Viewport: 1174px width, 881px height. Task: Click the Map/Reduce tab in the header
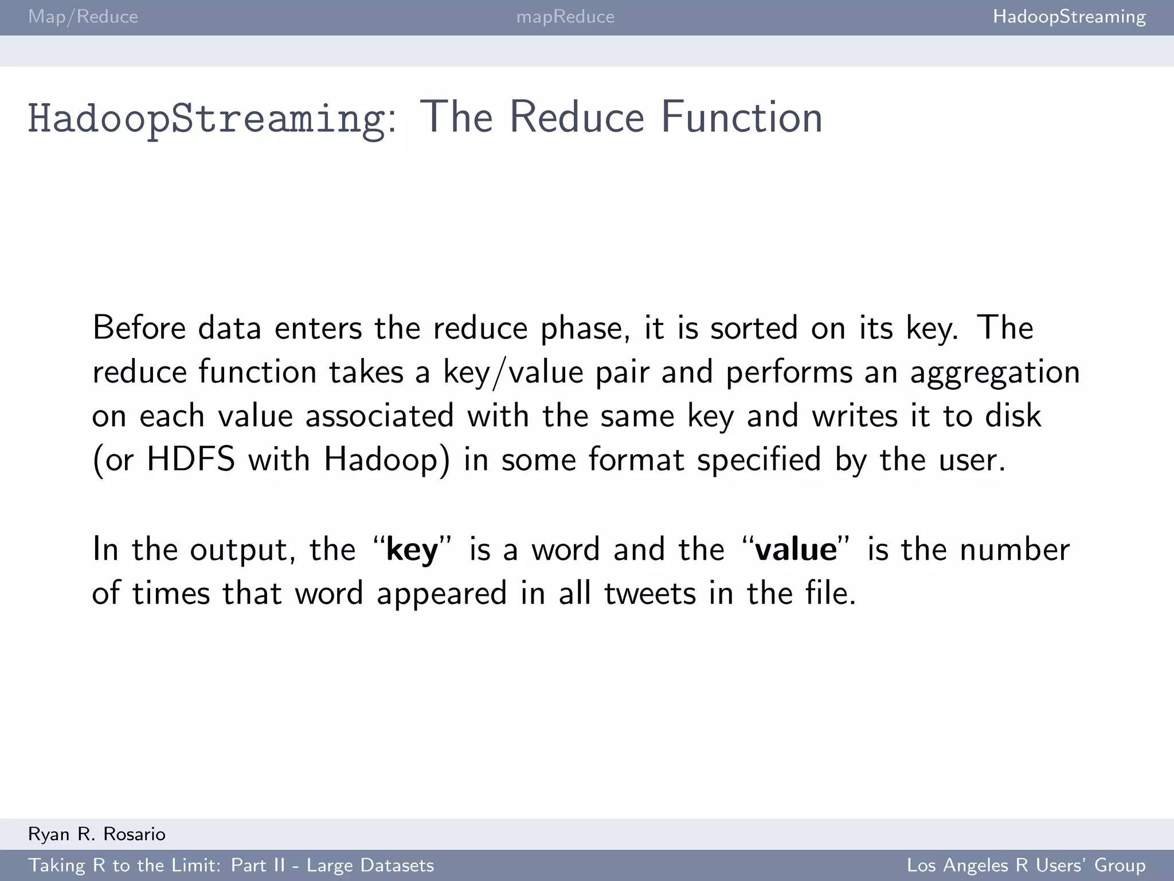tap(83, 17)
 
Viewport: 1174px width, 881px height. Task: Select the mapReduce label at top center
tap(565, 17)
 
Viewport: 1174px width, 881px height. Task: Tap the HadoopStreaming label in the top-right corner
tap(1069, 17)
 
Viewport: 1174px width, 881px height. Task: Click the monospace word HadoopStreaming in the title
tap(206, 118)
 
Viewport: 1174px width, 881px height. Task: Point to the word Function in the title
tap(742, 118)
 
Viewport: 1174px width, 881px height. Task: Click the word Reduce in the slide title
tap(577, 118)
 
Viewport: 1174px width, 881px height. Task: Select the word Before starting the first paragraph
tap(139, 328)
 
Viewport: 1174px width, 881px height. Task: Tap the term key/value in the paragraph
tap(513, 372)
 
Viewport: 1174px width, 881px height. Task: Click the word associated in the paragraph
tap(379, 416)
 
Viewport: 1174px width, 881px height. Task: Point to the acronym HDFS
tap(191, 459)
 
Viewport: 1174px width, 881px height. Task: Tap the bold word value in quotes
tap(796, 549)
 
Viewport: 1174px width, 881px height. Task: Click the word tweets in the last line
tap(650, 593)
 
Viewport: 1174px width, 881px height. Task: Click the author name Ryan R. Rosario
tap(97, 834)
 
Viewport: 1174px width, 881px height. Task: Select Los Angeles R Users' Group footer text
tap(1026, 865)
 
